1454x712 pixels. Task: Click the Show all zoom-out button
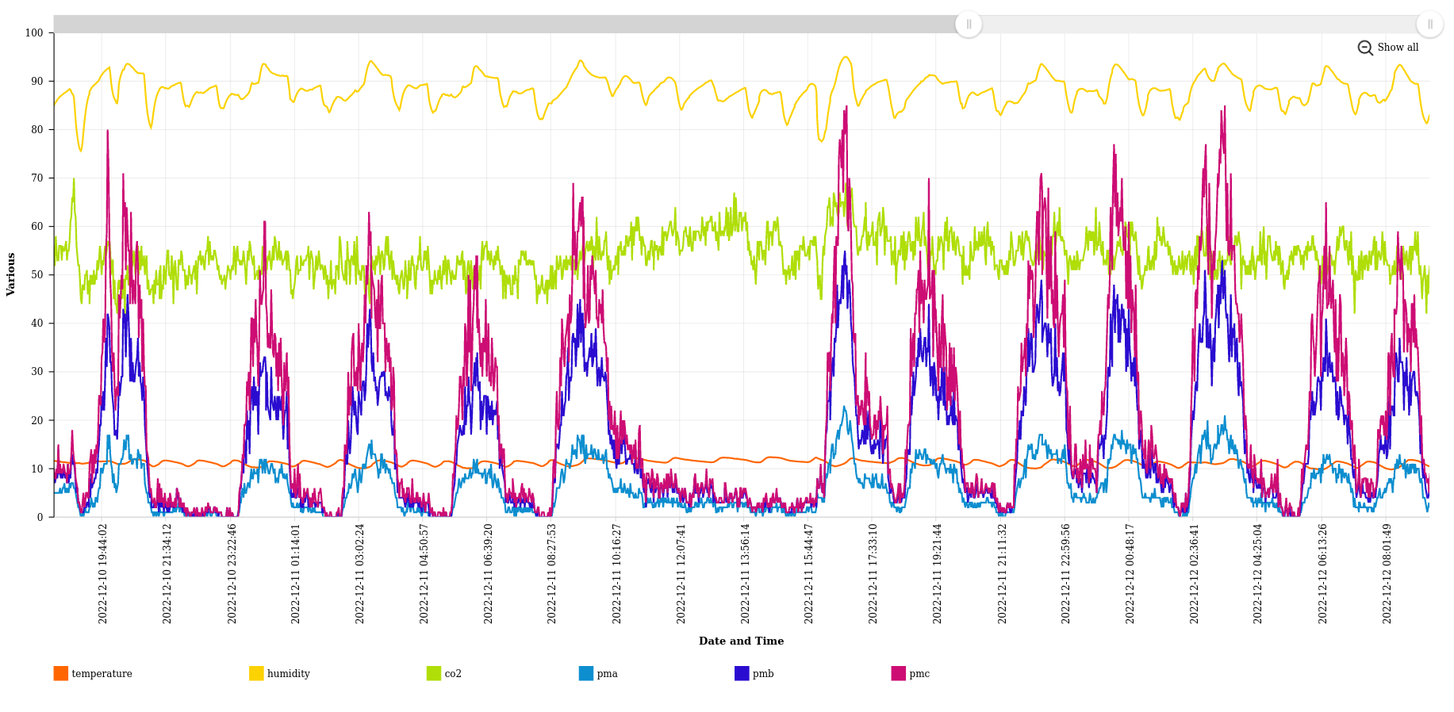coord(1388,48)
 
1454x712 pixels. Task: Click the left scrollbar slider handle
coord(969,25)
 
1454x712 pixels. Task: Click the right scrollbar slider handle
coord(1429,25)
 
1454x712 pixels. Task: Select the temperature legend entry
coord(93,673)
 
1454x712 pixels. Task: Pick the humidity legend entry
coord(279,673)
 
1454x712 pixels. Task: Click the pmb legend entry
coord(754,673)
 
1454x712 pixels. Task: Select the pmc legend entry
coord(910,673)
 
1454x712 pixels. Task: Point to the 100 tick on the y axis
coord(34,33)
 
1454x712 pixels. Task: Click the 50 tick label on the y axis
coord(37,275)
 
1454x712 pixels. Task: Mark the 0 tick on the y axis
coord(40,517)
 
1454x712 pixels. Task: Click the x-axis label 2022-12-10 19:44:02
coord(103,573)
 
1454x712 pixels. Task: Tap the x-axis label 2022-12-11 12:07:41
coord(681,573)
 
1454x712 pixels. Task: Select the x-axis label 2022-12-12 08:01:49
coord(1387,573)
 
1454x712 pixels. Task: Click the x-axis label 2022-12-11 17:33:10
coord(873,573)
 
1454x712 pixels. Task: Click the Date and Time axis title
coord(741,641)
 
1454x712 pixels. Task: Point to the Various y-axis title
coord(11,274)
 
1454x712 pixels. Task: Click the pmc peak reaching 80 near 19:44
coord(108,131)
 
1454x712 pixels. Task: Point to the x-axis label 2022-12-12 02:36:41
coord(1195,573)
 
